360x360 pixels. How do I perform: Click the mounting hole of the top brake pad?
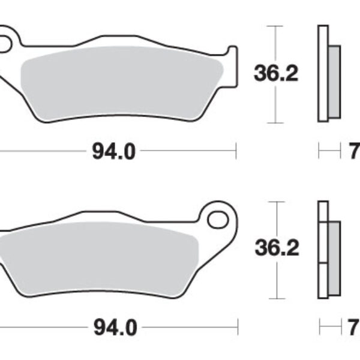tap(6, 43)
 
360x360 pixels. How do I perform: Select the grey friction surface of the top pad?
tap(120, 81)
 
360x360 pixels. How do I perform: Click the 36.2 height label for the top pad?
tap(275, 74)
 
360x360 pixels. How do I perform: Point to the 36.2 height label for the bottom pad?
tap(275, 248)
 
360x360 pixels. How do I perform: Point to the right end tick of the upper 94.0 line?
tap(236, 152)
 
